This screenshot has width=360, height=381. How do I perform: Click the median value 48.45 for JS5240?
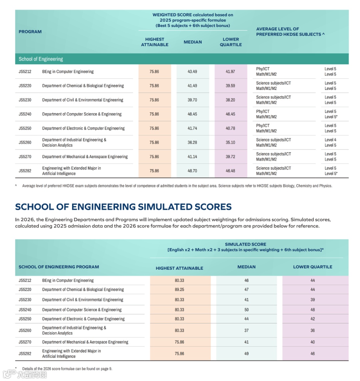tap(192, 114)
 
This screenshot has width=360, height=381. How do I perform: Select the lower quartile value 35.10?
tap(230, 143)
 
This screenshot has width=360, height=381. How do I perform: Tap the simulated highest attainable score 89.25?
tap(179, 290)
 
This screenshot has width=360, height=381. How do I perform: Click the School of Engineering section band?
tap(41, 59)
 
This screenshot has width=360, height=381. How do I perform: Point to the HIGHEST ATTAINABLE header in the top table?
tap(155, 42)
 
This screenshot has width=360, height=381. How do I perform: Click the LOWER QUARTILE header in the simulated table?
tap(313, 267)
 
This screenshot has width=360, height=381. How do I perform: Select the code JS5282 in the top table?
tap(25, 171)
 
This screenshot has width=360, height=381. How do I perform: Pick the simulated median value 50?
tap(246, 310)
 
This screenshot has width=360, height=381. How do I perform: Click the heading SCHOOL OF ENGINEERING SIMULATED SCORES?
tap(123, 207)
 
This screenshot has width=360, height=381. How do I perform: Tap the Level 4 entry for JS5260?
tap(330, 140)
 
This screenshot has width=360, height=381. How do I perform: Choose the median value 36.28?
tap(192, 143)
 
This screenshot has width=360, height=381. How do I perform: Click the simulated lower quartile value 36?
tap(313, 330)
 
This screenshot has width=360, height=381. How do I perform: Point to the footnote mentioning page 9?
tap(67, 369)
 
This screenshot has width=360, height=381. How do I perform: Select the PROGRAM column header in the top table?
tap(30, 32)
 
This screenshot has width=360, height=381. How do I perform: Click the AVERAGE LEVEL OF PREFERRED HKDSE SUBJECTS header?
tap(290, 32)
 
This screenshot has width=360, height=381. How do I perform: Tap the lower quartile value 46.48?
tap(230, 171)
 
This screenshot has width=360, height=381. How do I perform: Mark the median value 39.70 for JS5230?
tap(192, 100)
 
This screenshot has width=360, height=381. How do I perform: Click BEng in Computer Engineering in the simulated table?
tap(68, 280)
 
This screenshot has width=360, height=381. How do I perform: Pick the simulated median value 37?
tap(246, 330)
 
